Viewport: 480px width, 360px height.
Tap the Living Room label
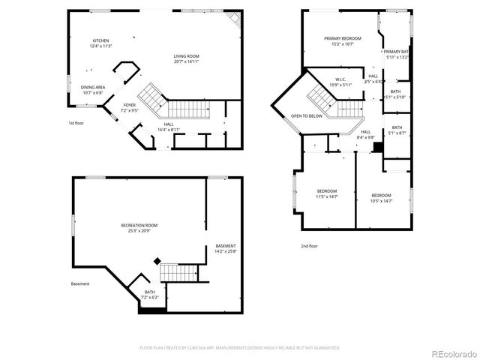point(187,58)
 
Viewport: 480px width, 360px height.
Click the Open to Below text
point(307,116)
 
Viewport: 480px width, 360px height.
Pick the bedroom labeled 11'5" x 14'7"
point(327,193)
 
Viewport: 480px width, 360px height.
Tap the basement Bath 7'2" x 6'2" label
point(150,295)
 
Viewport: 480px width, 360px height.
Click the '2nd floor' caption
point(309,246)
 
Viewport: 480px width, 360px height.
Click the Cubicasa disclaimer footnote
point(240,348)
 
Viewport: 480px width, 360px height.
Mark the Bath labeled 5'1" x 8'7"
point(396,130)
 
